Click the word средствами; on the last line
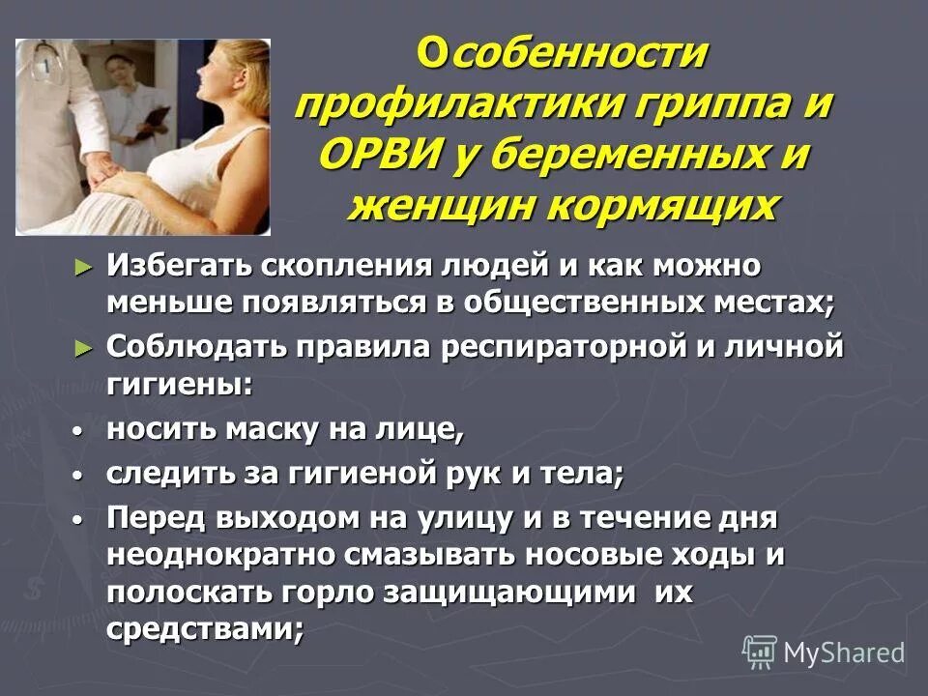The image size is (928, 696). (206, 629)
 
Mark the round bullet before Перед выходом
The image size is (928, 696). (78, 520)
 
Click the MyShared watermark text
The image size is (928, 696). (844, 652)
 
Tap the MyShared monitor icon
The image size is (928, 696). (760, 652)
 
